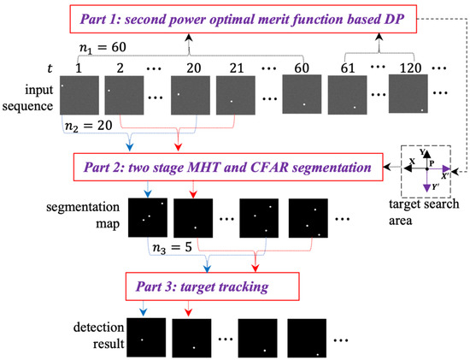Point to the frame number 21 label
click(x=235, y=65)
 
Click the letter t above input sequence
click(x=33, y=65)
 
